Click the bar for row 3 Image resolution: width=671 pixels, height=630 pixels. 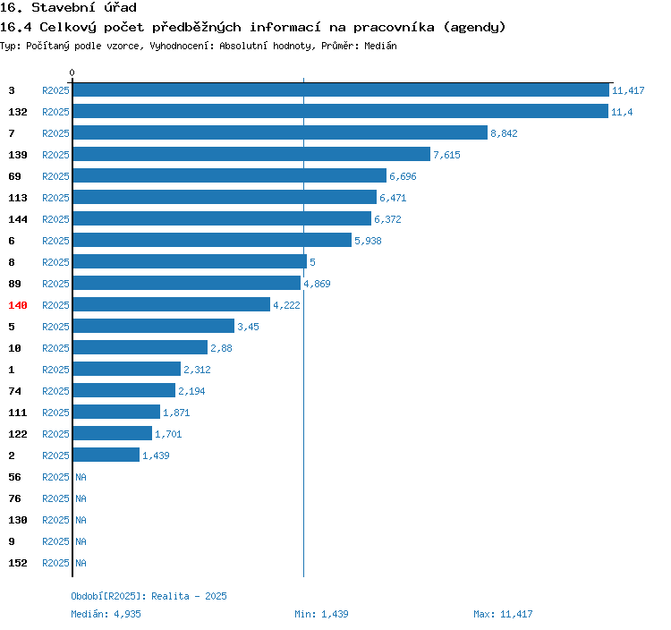tap(341, 89)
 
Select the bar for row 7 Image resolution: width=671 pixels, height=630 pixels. tap(280, 132)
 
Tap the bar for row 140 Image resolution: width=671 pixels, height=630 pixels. tap(171, 304)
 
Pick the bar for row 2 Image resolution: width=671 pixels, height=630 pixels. tap(106, 455)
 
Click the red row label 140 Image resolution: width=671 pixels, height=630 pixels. tap(18, 305)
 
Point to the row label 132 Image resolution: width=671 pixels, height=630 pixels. tap(18, 112)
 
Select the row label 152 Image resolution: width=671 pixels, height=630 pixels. tap(18, 563)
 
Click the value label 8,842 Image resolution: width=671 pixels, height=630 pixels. tap(504, 133)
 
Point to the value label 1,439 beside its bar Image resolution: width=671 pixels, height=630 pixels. tap(156, 455)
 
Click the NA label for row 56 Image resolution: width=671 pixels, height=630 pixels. tap(81, 477)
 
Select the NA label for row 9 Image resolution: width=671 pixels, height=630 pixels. tap(81, 541)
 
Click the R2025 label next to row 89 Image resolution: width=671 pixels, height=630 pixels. tap(55, 284)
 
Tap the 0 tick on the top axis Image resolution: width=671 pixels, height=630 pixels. tap(72, 72)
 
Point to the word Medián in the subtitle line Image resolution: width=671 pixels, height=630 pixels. tap(379, 45)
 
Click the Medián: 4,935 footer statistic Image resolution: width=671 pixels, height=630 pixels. tap(106, 614)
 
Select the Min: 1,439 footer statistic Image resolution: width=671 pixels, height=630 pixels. tap(321, 614)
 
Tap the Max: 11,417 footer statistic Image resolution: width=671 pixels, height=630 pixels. tap(503, 614)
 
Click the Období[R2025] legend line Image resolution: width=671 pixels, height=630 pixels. tap(149, 596)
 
